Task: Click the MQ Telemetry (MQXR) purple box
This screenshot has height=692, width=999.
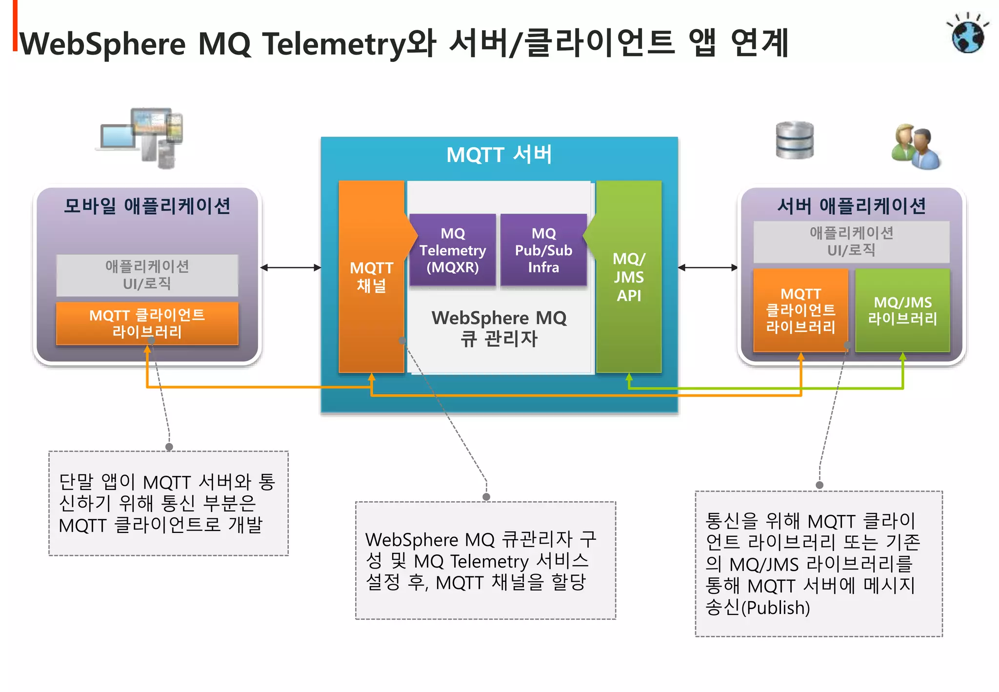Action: (x=452, y=250)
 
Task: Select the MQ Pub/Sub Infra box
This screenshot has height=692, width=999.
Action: (x=543, y=250)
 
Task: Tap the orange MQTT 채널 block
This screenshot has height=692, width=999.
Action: (x=371, y=277)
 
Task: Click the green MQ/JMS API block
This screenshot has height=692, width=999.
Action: (x=629, y=277)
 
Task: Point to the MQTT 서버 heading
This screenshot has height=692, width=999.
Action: (x=499, y=155)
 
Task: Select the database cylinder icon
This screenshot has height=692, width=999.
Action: (x=795, y=140)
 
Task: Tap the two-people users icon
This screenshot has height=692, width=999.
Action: (x=916, y=146)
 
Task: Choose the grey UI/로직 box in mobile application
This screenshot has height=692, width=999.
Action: (x=147, y=275)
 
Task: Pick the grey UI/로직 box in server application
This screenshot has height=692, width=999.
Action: (x=851, y=242)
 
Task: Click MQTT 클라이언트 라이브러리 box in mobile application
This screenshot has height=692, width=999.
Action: (x=147, y=323)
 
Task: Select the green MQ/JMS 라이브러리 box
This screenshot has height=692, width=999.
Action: (x=902, y=310)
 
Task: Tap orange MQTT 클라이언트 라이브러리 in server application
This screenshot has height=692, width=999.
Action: (x=800, y=310)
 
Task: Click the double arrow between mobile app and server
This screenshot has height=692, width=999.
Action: (x=291, y=267)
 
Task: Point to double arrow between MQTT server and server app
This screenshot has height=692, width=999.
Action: (x=707, y=267)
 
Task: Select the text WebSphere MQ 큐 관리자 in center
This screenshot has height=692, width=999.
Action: (x=499, y=328)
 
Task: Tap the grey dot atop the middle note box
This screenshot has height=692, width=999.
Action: (x=486, y=497)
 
